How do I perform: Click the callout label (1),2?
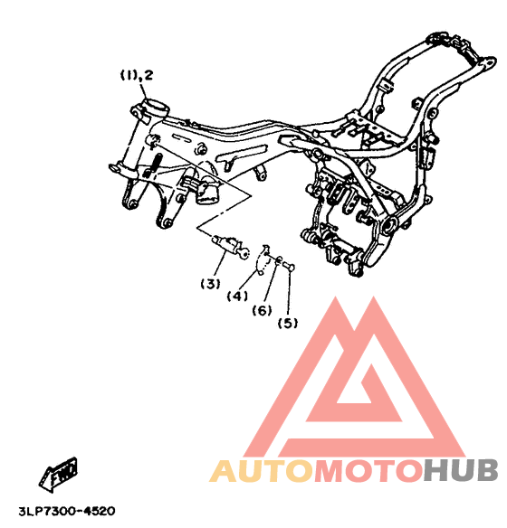(x=137, y=75)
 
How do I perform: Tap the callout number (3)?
(x=210, y=284)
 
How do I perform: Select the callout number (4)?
(x=237, y=297)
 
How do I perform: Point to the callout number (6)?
(x=263, y=310)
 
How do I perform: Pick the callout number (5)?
(x=288, y=324)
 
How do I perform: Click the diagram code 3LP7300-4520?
(x=67, y=511)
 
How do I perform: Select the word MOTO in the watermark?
(x=368, y=471)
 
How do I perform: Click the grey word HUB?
(x=461, y=471)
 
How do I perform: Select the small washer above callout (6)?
(x=279, y=260)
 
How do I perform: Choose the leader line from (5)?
(x=289, y=293)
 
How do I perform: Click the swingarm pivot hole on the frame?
(x=390, y=225)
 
